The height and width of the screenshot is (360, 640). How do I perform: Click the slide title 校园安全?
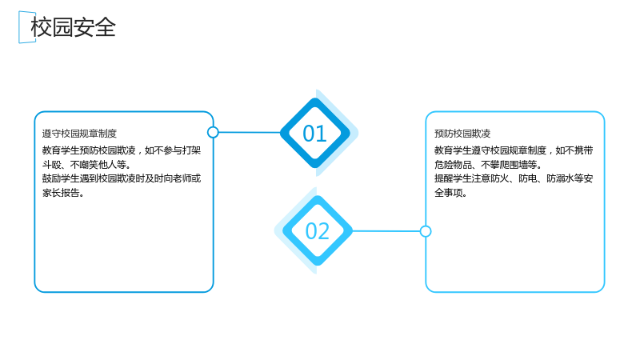tap(74, 27)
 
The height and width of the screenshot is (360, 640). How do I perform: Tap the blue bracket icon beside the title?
tap(21, 27)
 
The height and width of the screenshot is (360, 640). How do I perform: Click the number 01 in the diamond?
tap(314, 134)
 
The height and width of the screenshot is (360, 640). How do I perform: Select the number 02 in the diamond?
tap(317, 231)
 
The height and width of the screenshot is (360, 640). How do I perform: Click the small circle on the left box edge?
tap(213, 132)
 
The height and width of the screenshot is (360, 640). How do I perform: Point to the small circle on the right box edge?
tap(426, 231)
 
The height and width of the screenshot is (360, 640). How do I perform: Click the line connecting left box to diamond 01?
tap(250, 132)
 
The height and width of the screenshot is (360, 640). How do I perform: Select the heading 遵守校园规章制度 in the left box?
tap(79, 134)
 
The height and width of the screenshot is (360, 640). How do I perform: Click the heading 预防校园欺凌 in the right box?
tap(462, 134)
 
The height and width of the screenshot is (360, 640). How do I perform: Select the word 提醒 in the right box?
tap(444, 178)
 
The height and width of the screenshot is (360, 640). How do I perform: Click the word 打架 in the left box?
tap(191, 150)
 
